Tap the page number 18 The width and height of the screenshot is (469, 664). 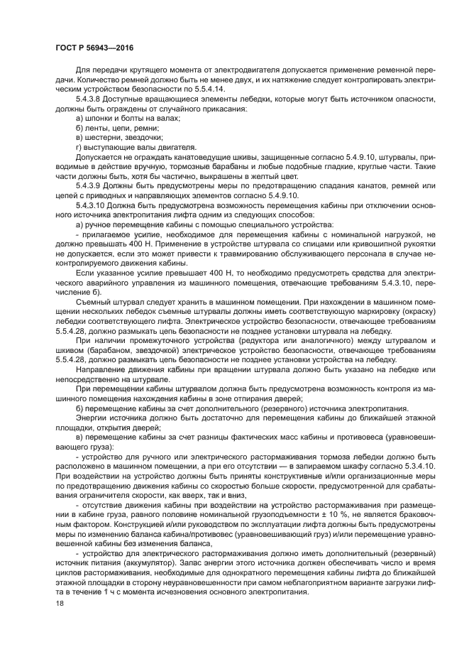(59, 602)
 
